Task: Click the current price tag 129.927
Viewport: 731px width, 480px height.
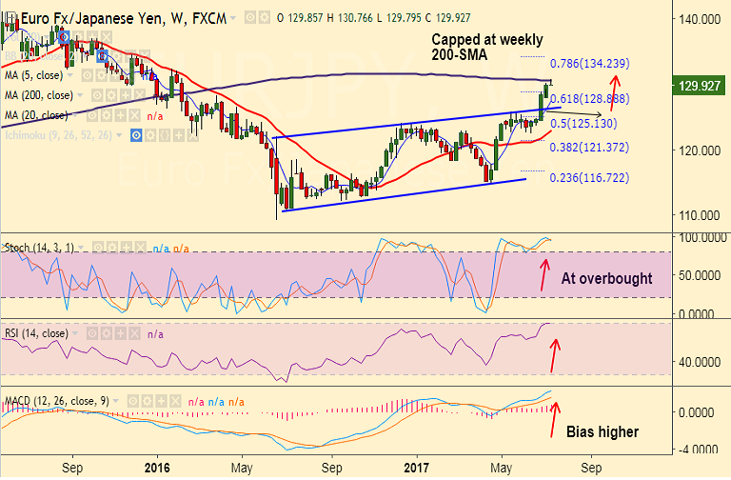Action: pos(701,86)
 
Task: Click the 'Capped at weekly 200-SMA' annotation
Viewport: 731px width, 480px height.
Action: pos(487,48)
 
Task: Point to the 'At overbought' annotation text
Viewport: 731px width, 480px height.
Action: pos(607,279)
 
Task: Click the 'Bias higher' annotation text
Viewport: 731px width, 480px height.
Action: pos(603,431)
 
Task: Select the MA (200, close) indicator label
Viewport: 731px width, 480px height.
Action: pos(37,94)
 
